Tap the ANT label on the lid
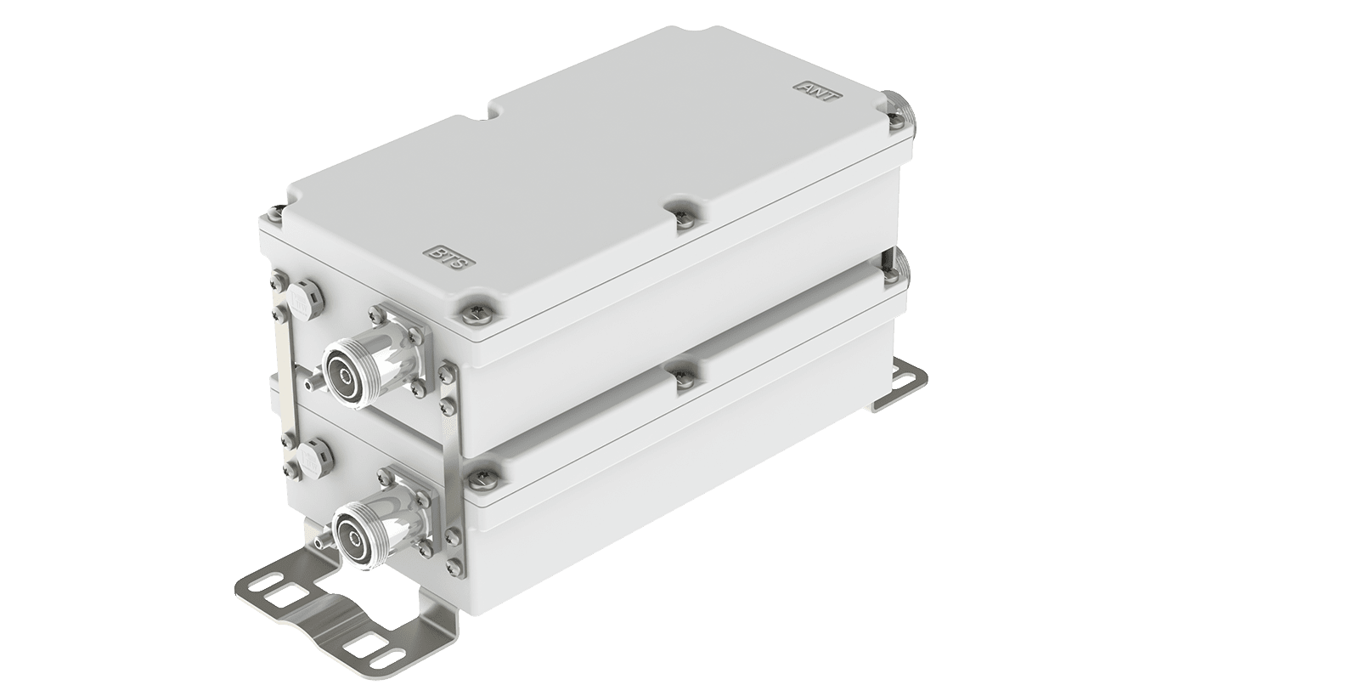tap(816, 92)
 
